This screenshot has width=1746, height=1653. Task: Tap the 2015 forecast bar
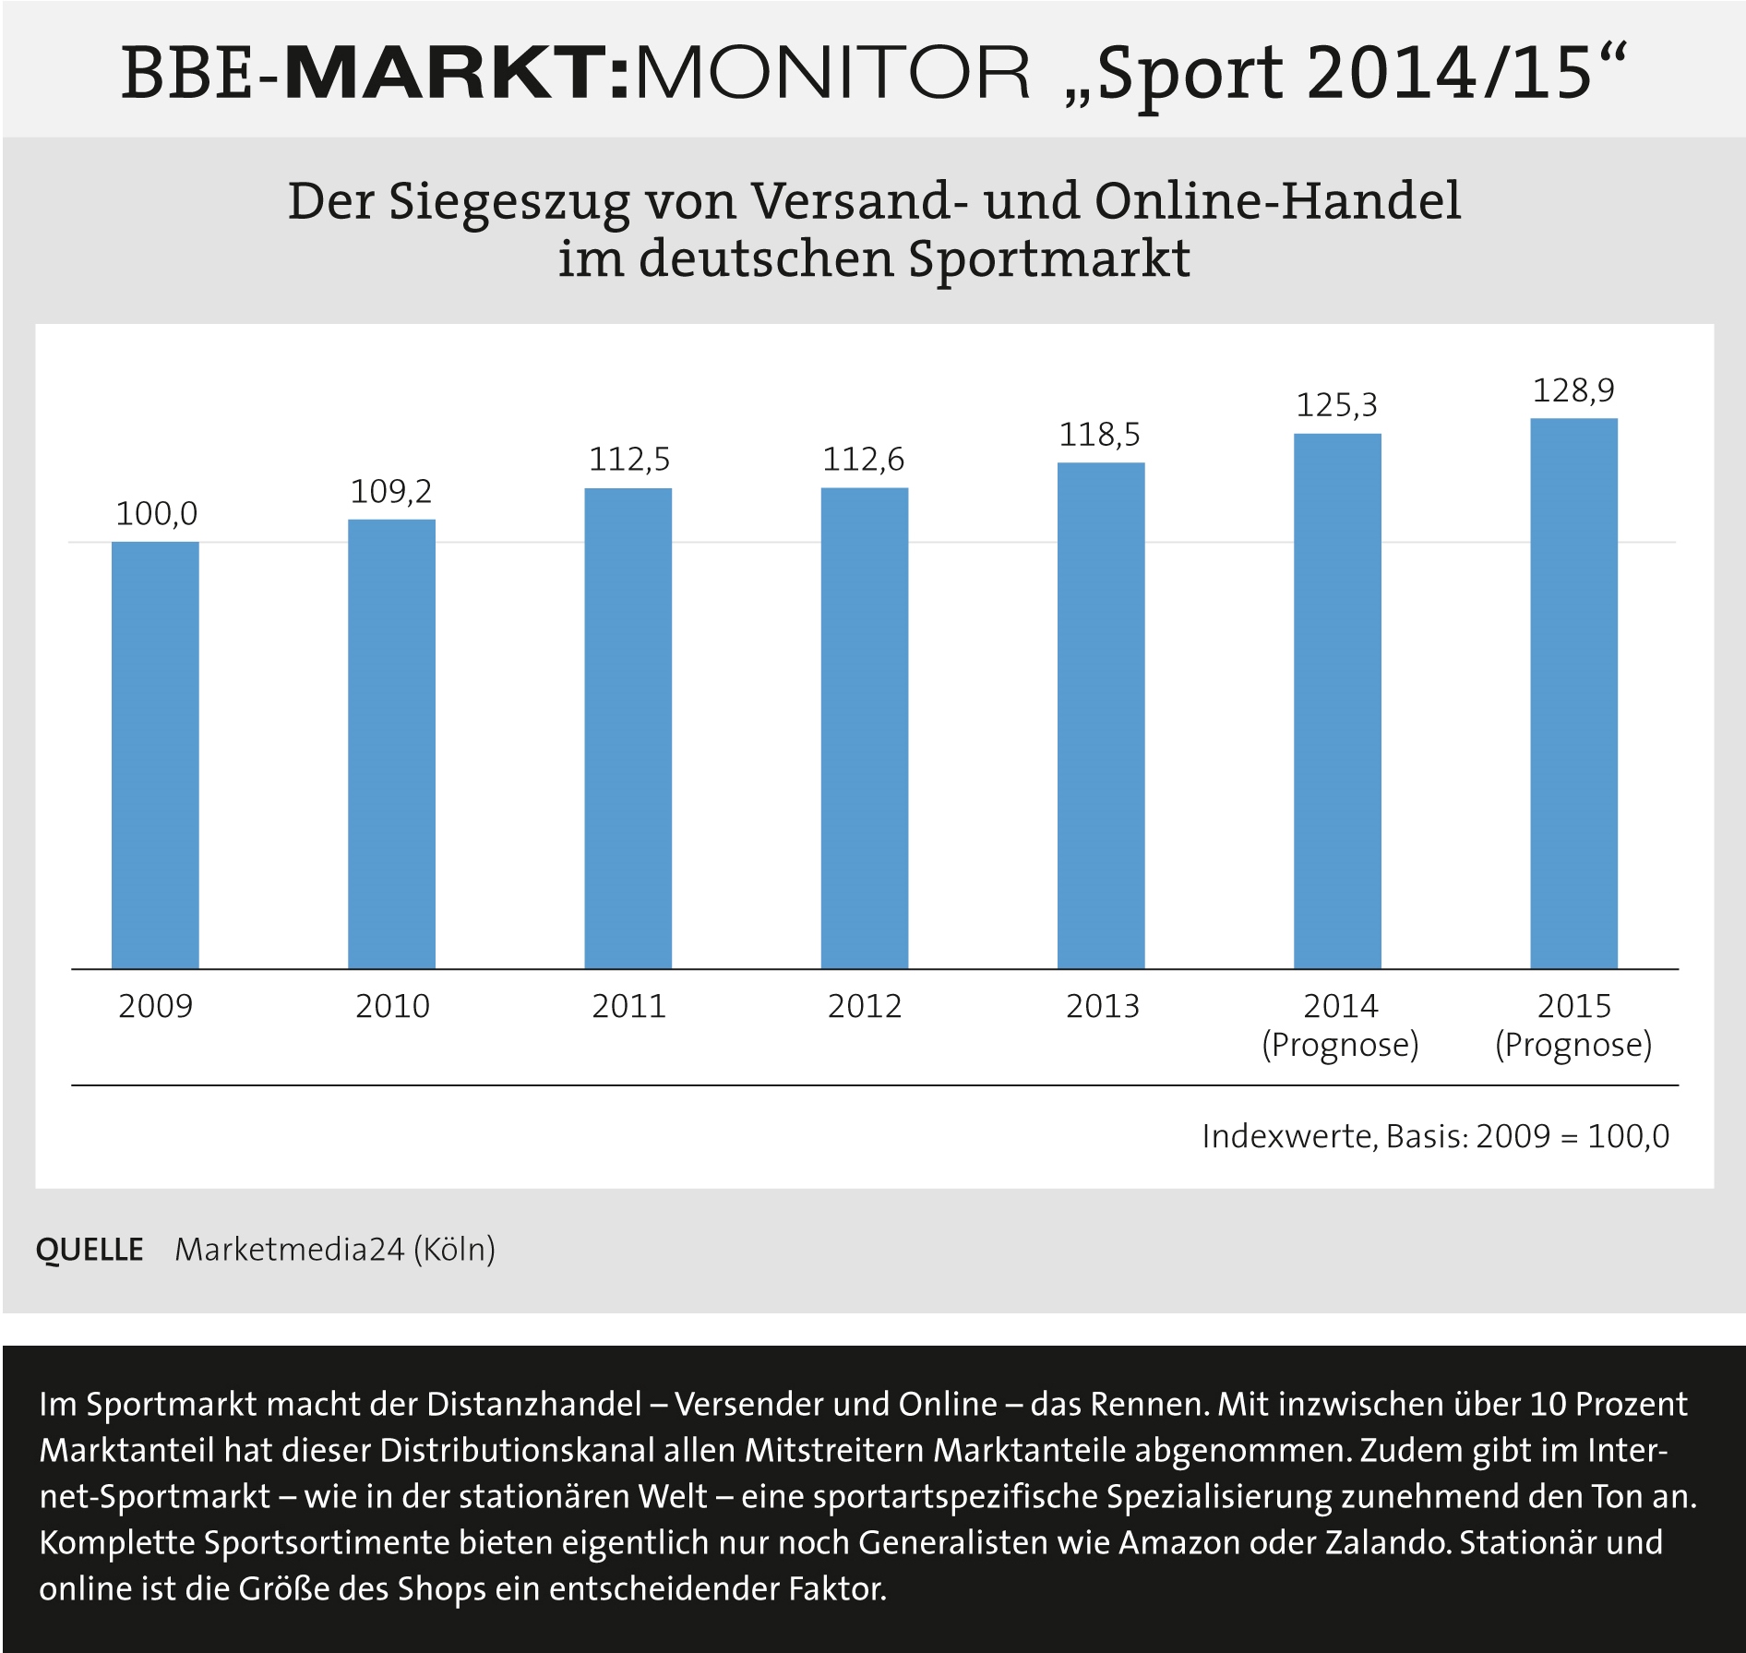point(1573,693)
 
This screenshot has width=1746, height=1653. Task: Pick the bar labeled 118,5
point(1100,715)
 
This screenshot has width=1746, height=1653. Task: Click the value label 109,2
point(391,492)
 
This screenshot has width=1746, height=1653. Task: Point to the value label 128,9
point(1573,390)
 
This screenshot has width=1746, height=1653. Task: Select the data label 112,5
point(629,460)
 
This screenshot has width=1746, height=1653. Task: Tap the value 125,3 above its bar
point(1336,405)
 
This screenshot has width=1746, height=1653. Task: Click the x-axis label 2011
point(628,1006)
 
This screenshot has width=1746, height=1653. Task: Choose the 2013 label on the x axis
point(1102,1006)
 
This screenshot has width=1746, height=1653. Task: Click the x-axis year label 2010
point(392,1006)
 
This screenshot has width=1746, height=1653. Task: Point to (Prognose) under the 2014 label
point(1339,1045)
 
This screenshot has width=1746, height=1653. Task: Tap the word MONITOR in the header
point(832,73)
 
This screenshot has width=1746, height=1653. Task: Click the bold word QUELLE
point(90,1250)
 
